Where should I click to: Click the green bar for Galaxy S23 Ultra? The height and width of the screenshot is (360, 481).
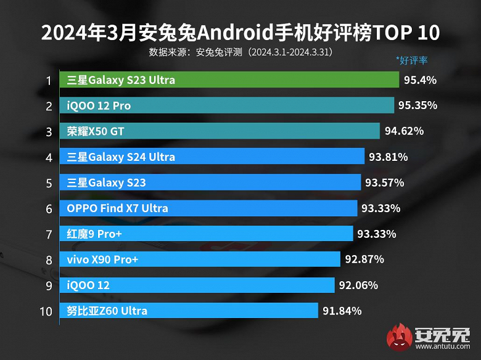click(x=229, y=80)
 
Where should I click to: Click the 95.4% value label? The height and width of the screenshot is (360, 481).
click(x=421, y=80)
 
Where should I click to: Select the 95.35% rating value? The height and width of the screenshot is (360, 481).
click(x=417, y=106)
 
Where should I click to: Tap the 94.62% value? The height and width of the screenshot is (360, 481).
click(x=404, y=131)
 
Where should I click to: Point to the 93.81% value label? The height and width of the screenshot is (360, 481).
click(x=388, y=157)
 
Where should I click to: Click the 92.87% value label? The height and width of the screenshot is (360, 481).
click(x=364, y=260)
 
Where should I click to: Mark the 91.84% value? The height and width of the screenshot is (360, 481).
click(x=342, y=311)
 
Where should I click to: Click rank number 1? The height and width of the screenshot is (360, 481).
click(x=49, y=80)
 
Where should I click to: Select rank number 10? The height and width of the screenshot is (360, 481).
click(x=46, y=311)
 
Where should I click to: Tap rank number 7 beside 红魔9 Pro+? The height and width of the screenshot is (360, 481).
click(x=49, y=234)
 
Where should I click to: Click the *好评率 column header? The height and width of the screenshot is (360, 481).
click(x=412, y=60)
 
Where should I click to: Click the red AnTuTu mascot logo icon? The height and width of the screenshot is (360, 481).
click(x=400, y=338)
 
